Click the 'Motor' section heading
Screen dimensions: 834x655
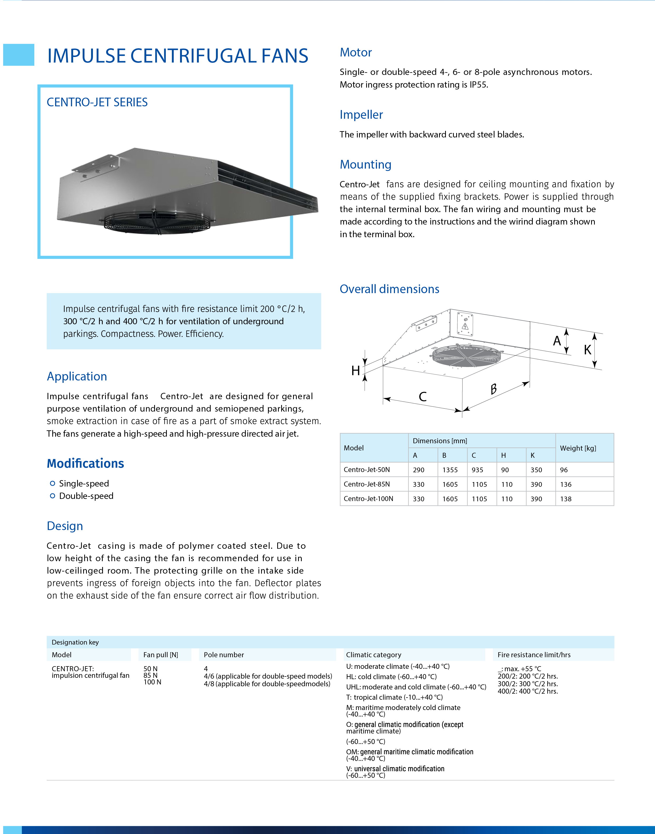(356, 53)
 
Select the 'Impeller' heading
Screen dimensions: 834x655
(361, 115)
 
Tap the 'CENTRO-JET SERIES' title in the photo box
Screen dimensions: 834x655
(97, 102)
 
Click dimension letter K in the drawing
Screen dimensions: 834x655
(587, 350)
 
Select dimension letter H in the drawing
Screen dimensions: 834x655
(356, 371)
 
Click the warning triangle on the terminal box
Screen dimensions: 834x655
(465, 326)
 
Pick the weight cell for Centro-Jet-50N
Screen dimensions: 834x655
(564, 470)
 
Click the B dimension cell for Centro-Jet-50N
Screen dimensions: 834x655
(450, 470)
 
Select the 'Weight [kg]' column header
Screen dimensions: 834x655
(578, 448)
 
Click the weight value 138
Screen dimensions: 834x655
(566, 499)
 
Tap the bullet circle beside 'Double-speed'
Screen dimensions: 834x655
(53, 496)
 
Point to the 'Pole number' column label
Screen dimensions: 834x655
(224, 655)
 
